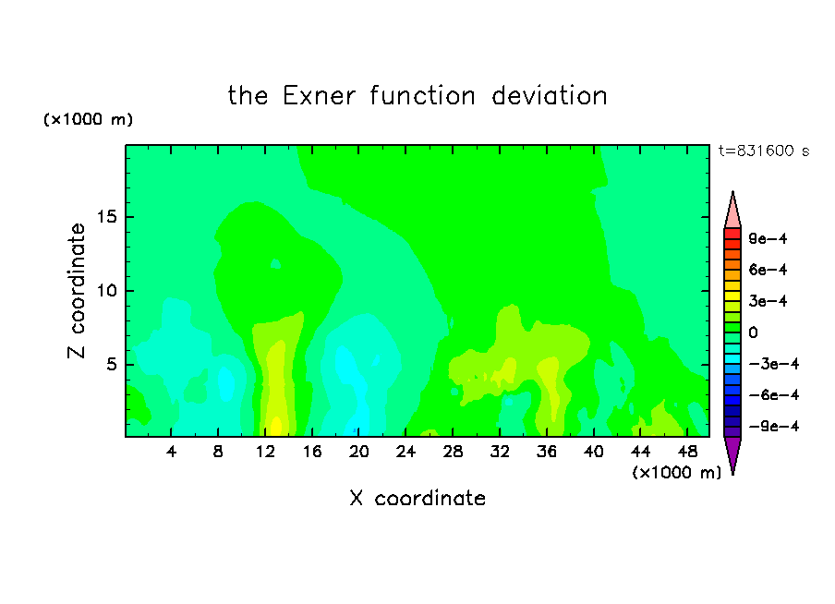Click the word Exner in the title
pos(319,96)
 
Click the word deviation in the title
pos(549,96)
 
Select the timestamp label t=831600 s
pos(764,151)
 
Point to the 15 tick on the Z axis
pos(107,217)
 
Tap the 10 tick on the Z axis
pos(107,291)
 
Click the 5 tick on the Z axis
pos(111,364)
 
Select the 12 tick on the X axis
pos(265,452)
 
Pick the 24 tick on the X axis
pos(405,452)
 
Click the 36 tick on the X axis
pos(547,452)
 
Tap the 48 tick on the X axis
pos(687,452)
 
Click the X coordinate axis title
pos(417,499)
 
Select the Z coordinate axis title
pos(77,291)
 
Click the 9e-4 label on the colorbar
pos(768,238)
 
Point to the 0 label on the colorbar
pos(753,332)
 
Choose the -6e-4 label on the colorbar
pos(774,395)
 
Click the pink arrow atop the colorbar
pos(732,211)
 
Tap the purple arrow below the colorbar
pos(732,454)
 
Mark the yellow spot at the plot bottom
pos(276,428)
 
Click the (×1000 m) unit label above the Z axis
pos(88,119)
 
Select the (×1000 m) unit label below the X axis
pos(676,473)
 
